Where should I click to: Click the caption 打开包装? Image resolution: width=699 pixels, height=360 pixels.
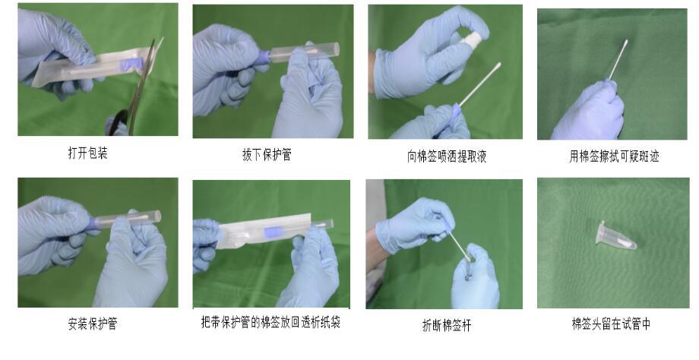pyautogui.click(x=88, y=153)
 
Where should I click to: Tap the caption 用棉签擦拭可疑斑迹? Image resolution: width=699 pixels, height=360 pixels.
pyautogui.click(x=614, y=156)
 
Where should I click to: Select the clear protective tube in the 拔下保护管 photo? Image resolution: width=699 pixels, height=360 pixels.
pyautogui.click(x=304, y=52)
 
